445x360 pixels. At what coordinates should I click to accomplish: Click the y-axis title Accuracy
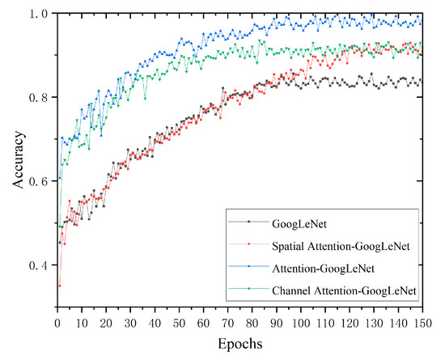[19, 160]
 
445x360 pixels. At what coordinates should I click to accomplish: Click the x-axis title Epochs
[239, 343]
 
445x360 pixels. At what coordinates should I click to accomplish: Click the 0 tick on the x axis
[55, 322]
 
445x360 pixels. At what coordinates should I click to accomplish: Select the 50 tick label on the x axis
[177, 322]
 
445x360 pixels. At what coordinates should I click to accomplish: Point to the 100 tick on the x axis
[299, 322]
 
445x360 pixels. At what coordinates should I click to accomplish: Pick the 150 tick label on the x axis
[420, 322]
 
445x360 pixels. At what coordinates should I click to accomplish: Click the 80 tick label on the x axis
[250, 322]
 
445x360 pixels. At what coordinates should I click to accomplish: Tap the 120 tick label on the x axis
[347, 322]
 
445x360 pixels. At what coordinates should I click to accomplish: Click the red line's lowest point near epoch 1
[58, 286]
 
